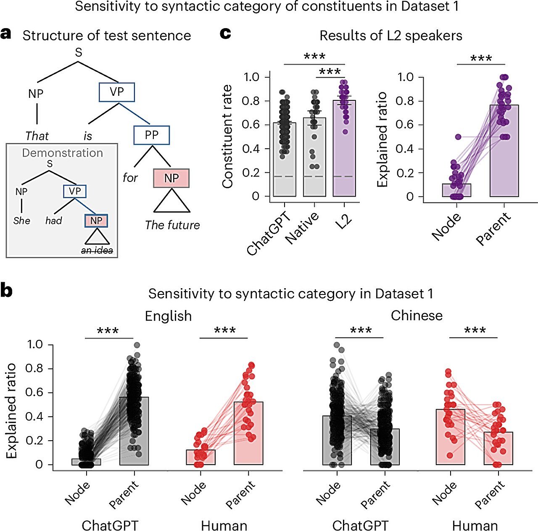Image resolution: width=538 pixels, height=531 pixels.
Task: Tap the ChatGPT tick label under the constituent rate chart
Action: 269,234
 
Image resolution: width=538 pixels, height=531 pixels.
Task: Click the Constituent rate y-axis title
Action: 227,137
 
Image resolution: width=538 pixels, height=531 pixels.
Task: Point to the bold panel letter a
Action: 6,34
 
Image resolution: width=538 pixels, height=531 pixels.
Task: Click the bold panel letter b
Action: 6,291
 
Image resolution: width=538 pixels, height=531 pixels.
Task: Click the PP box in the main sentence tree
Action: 151,135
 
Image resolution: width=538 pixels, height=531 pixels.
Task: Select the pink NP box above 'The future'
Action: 171,178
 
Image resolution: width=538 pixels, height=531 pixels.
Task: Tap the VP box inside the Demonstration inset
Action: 75,192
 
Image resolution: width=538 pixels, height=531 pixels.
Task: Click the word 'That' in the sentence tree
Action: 37,136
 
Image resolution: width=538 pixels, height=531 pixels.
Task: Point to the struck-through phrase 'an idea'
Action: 97,251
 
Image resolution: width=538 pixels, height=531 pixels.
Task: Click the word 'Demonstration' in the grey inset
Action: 62,153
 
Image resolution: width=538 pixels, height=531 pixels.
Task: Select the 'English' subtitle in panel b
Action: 168,316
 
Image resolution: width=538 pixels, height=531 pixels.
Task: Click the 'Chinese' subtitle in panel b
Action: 417,315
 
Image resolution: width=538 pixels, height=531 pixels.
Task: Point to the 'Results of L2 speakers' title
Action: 391,36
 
